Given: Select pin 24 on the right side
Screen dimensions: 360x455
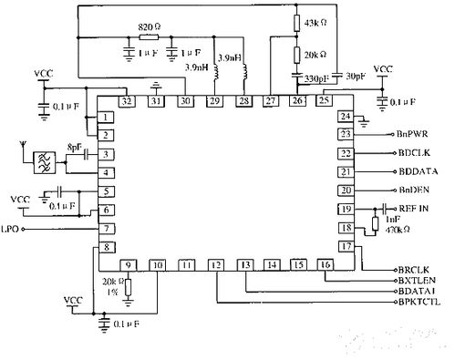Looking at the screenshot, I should pyautogui.click(x=345, y=117).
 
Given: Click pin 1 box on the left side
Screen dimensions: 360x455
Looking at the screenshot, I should pyautogui.click(x=107, y=118).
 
